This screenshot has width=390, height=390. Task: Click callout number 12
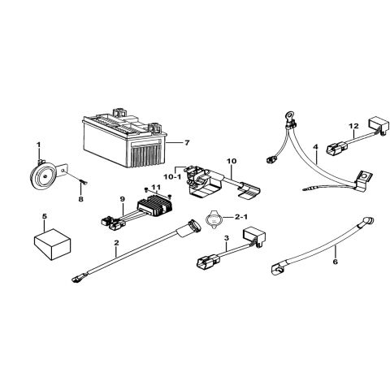coord(353,126)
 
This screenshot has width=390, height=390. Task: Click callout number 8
coord(80,197)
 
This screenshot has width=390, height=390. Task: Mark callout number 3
coord(226,238)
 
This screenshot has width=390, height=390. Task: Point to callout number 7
coord(188,143)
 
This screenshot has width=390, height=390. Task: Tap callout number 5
coord(44,217)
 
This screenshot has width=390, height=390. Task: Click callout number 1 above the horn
coord(37,145)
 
